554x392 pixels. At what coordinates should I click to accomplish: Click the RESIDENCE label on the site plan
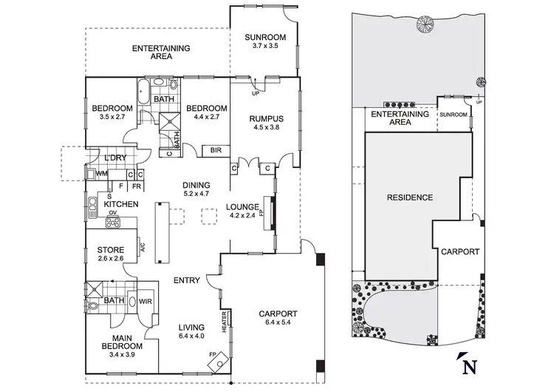click(x=408, y=197)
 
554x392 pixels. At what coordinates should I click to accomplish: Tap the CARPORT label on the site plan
click(x=461, y=251)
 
